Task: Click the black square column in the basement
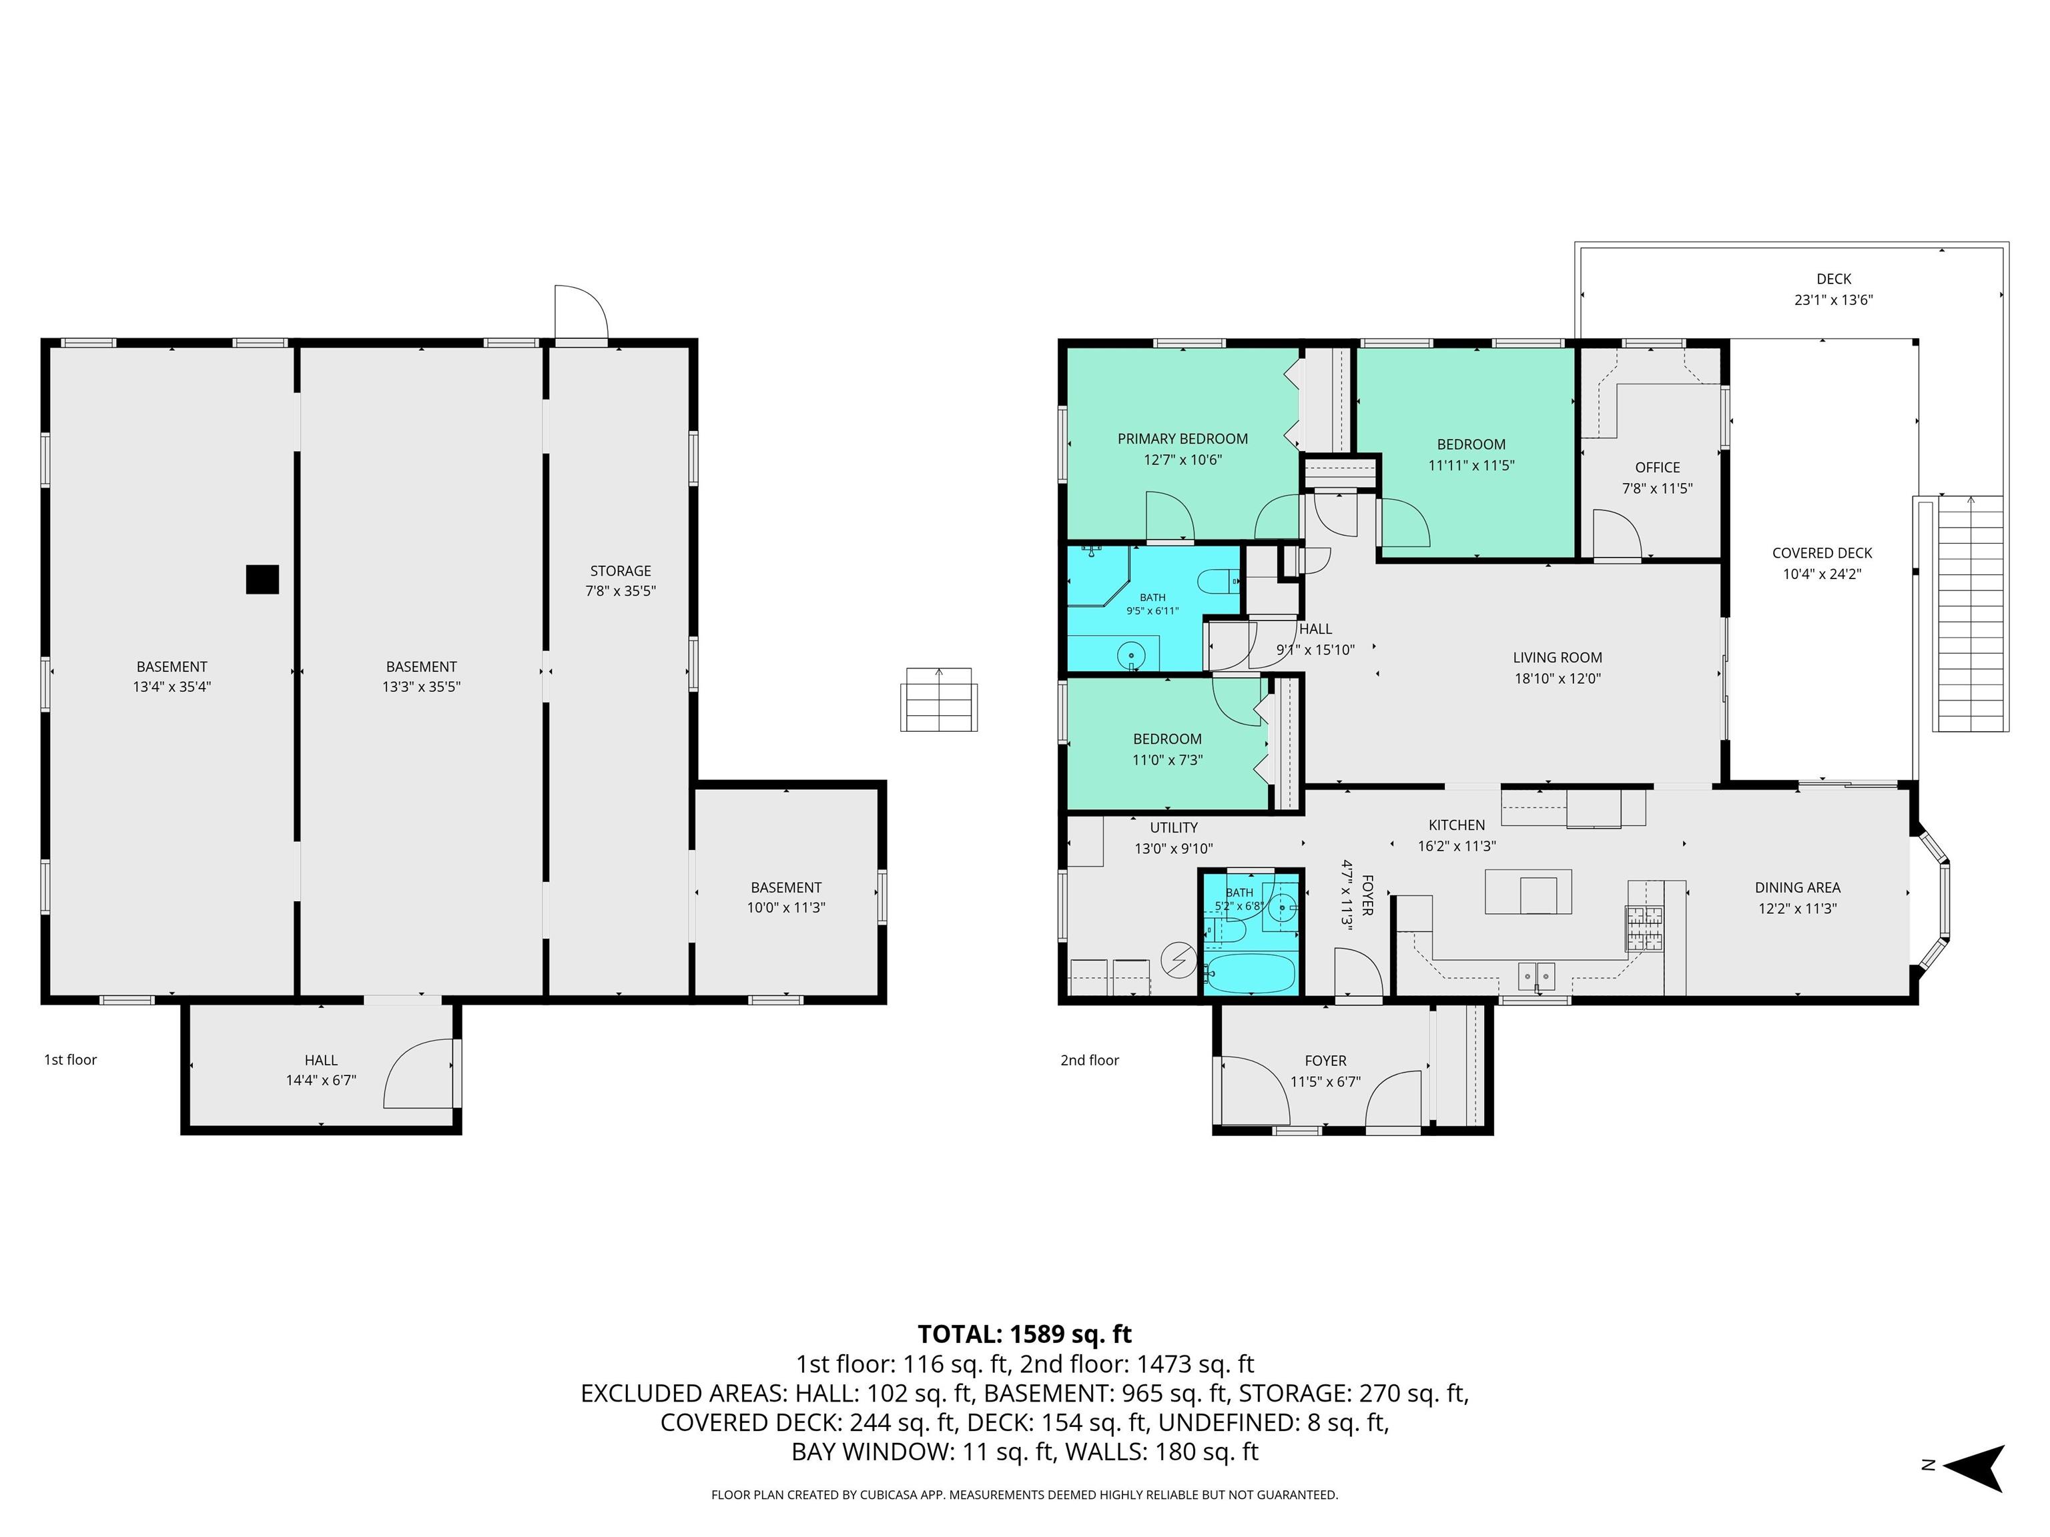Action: click(x=262, y=579)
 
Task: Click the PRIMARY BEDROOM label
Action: click(x=1182, y=439)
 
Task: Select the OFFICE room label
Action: click(x=1657, y=468)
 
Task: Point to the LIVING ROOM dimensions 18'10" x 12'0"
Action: click(x=1557, y=678)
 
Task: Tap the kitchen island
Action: click(x=1528, y=891)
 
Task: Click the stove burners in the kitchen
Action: click(x=1644, y=927)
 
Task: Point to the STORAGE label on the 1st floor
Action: click(x=621, y=570)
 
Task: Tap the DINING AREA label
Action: click(x=1797, y=887)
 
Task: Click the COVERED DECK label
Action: click(x=1822, y=553)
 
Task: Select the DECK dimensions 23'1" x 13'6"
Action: click(x=1834, y=300)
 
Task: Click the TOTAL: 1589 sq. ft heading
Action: click(x=1025, y=1334)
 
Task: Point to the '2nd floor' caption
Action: click(x=1090, y=1060)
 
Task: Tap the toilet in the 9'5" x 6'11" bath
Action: click(x=1219, y=582)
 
